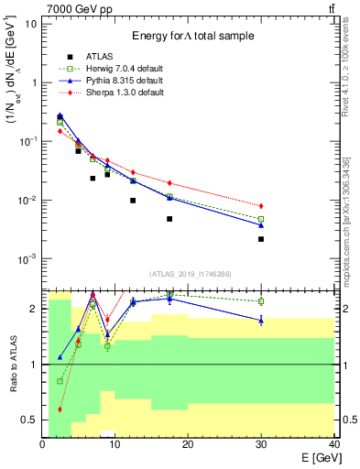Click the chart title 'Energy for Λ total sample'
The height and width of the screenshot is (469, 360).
click(192, 36)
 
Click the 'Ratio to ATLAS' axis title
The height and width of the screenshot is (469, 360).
click(11, 364)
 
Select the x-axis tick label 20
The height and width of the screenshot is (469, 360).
click(188, 444)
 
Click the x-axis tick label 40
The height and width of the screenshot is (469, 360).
click(333, 444)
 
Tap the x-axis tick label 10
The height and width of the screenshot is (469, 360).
click(115, 444)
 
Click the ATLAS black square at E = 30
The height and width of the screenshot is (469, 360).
click(261, 239)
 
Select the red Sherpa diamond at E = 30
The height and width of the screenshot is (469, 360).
click(261, 206)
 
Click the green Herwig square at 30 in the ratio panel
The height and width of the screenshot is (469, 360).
click(261, 300)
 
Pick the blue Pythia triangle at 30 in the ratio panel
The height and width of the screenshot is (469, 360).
click(261, 319)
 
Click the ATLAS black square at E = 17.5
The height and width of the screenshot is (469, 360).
click(169, 219)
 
